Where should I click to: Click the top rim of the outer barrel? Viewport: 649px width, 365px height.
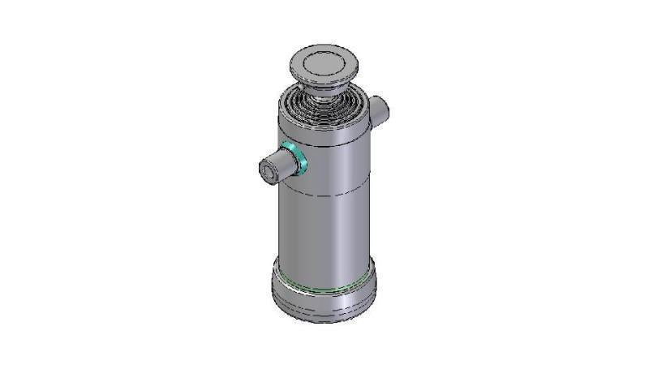[x=324, y=126]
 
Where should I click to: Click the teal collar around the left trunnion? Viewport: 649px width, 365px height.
[x=295, y=157]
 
